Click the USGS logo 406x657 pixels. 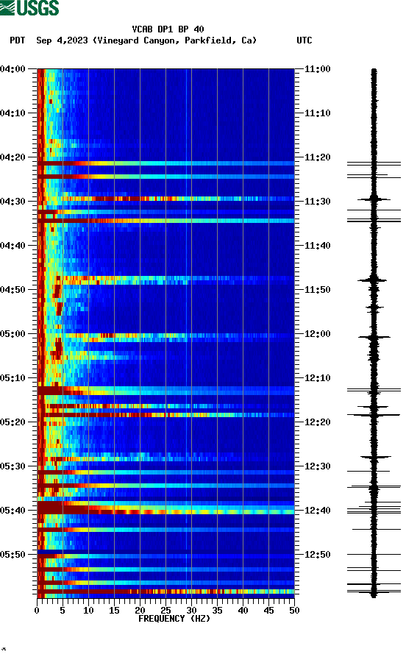(x=30, y=9)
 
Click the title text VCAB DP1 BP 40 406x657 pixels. (x=168, y=29)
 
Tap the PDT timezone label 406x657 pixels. (x=18, y=40)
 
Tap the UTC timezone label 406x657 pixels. (x=304, y=40)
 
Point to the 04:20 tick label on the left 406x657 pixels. (x=13, y=157)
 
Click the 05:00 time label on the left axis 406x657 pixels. (x=13, y=334)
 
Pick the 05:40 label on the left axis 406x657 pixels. (x=13, y=511)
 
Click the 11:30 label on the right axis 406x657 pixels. (x=318, y=202)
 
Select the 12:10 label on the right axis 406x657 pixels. (x=318, y=378)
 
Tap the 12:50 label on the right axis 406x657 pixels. (x=318, y=555)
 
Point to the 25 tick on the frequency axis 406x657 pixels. (x=165, y=610)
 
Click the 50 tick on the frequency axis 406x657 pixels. (x=294, y=610)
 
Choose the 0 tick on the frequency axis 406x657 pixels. (x=37, y=610)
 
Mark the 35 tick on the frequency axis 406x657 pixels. (x=217, y=610)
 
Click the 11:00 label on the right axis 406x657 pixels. (x=318, y=69)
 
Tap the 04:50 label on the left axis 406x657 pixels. (x=13, y=290)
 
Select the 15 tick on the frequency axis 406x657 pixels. (x=114, y=610)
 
